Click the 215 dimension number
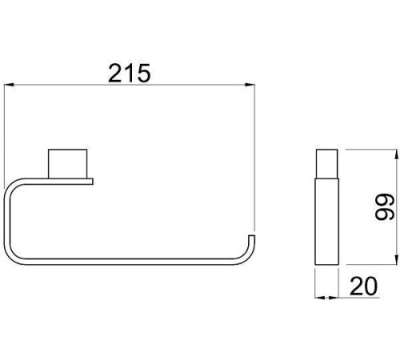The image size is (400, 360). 130,73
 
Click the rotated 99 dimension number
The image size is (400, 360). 385,207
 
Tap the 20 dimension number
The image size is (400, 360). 363,286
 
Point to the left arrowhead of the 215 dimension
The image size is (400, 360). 9,85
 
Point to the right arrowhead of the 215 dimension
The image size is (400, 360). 250,85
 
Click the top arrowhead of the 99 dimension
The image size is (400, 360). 397,155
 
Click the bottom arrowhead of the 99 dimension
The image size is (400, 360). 397,259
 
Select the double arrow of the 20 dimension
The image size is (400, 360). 326,298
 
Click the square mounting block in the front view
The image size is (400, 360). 67,164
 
